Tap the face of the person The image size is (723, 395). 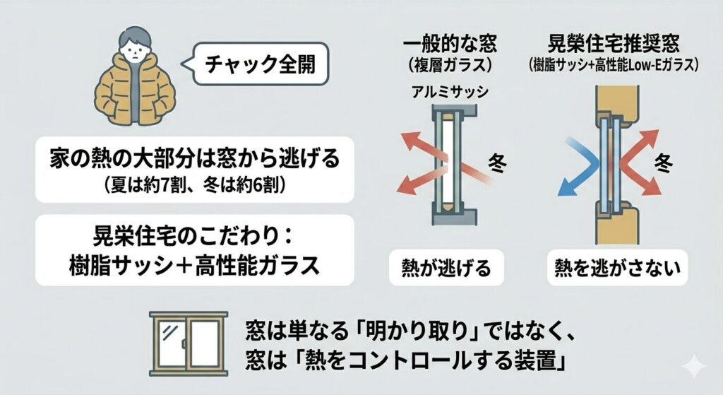[x=135, y=49]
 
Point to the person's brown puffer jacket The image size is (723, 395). [x=135, y=89]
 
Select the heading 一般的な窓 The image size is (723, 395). [x=450, y=43]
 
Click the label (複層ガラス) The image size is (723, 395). [x=450, y=65]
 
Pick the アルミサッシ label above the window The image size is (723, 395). [x=450, y=93]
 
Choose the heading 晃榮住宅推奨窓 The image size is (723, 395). [x=614, y=43]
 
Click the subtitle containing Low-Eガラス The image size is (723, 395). [x=614, y=64]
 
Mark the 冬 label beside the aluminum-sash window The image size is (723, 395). [x=497, y=163]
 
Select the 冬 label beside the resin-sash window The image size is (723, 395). [x=664, y=163]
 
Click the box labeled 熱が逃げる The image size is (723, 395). [x=446, y=268]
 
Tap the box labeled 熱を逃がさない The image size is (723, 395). [x=617, y=268]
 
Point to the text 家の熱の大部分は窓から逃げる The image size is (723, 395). [x=195, y=158]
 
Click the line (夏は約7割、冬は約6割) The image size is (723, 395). [x=195, y=186]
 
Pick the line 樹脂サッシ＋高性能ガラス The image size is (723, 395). [x=195, y=265]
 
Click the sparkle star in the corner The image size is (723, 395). [x=694, y=367]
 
